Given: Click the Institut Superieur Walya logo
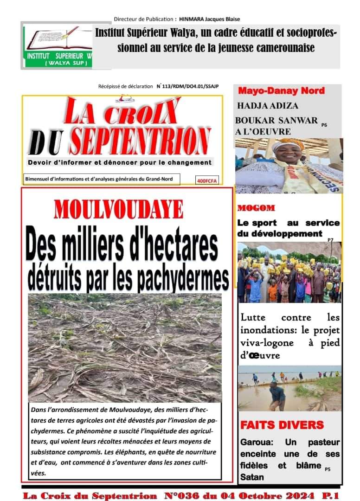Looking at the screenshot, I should pos(58,46).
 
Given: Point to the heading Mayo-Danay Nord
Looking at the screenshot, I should pos(281,91).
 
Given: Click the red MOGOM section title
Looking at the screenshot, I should pos(256,208).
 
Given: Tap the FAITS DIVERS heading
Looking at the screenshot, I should pos(282,425).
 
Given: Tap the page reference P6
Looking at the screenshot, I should pos(324,124).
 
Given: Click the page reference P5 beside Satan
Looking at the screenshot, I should pos(328,469).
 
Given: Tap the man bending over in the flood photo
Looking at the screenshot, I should pos(277,395).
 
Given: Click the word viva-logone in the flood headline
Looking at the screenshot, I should pos(267,343).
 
